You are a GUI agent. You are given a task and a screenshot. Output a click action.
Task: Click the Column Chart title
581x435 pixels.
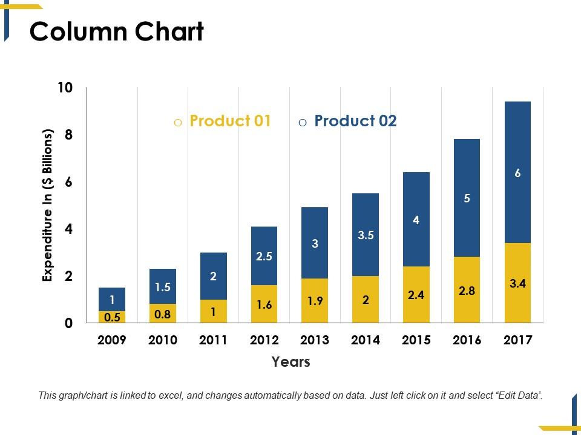(x=117, y=32)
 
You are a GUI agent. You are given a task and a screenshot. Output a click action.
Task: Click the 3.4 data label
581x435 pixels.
(x=517, y=282)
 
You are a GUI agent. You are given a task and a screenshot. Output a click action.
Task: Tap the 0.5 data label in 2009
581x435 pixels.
(x=112, y=317)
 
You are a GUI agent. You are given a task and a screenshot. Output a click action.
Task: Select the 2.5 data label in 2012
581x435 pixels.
(x=264, y=256)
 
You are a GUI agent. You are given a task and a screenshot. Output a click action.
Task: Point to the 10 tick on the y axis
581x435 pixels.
(x=65, y=88)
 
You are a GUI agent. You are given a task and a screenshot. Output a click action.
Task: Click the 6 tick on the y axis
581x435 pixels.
(x=68, y=182)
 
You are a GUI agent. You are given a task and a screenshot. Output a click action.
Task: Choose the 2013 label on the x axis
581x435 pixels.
(x=315, y=340)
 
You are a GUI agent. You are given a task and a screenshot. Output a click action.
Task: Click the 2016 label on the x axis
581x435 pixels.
(x=467, y=340)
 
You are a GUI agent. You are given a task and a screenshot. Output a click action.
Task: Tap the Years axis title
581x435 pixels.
(x=290, y=362)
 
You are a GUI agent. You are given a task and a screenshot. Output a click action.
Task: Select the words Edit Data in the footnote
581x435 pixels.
(x=519, y=396)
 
